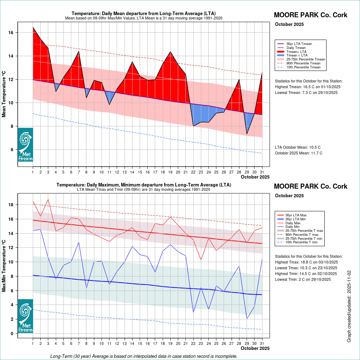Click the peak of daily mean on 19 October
pyautogui.click(x=170, y=52)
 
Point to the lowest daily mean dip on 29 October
pyautogui.click(x=247, y=134)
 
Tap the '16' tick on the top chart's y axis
pyautogui.click(x=11, y=33)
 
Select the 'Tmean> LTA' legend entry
pyautogui.click(x=297, y=51)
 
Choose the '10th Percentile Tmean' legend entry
pyautogui.click(x=303, y=67)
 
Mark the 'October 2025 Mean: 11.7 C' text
pyautogui.click(x=298, y=153)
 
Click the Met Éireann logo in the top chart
pyautogui.click(x=25, y=144)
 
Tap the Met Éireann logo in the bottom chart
pyautogui.click(x=25, y=316)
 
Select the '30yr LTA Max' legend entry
pyautogui.click(x=296, y=215)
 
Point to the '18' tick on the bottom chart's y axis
pyautogui.click(x=11, y=205)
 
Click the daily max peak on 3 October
pyautogui.click(x=48, y=199)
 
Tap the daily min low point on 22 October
pyautogui.click(x=194, y=312)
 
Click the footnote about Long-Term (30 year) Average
pyautogui.click(x=144, y=356)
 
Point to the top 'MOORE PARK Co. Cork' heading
pyautogui.click(x=310, y=15)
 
